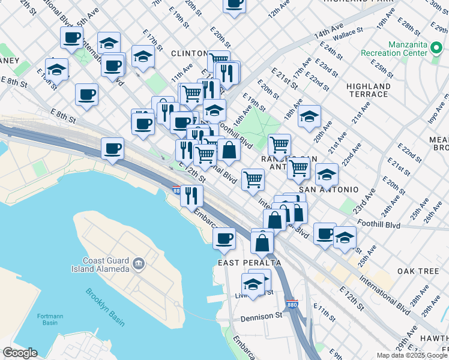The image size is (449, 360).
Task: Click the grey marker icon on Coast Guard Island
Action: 139,263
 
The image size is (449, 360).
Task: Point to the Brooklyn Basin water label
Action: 104,307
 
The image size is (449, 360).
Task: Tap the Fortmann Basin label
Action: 50,319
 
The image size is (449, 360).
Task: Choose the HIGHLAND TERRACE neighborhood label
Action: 367,90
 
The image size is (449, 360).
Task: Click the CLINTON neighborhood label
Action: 189,53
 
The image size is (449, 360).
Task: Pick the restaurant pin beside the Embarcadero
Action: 191,196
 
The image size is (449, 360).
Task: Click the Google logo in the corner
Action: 20,353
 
